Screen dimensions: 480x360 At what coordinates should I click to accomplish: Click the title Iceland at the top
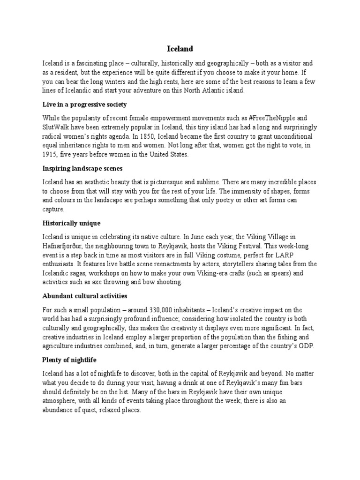pyautogui.click(x=180, y=49)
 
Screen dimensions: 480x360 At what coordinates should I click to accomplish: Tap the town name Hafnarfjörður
pyautogui.click(x=62, y=246)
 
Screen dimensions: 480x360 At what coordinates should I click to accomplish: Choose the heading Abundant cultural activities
pyautogui.click(x=84, y=296)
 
